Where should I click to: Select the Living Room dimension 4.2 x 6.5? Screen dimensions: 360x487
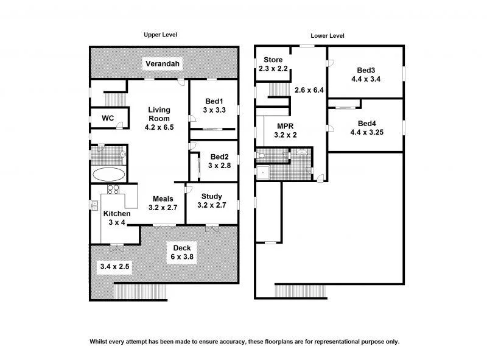pyautogui.click(x=159, y=128)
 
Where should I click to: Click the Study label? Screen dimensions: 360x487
pyautogui.click(x=211, y=196)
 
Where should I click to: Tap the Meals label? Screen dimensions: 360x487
pyautogui.click(x=163, y=199)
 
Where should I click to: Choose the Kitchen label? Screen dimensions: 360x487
pyautogui.click(x=116, y=214)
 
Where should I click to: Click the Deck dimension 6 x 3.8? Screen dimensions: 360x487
pyautogui.click(x=183, y=258)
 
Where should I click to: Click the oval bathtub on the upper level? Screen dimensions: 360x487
pyautogui.click(x=109, y=174)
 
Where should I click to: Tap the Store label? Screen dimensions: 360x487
pyautogui.click(x=273, y=60)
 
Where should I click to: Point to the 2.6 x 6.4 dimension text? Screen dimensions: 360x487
pyautogui.click(x=308, y=90)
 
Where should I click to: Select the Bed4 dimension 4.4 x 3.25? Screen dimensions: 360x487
pyautogui.click(x=367, y=132)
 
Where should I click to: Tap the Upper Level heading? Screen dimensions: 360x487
pyautogui.click(x=160, y=35)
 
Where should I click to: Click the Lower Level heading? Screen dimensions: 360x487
pyautogui.click(x=328, y=36)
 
